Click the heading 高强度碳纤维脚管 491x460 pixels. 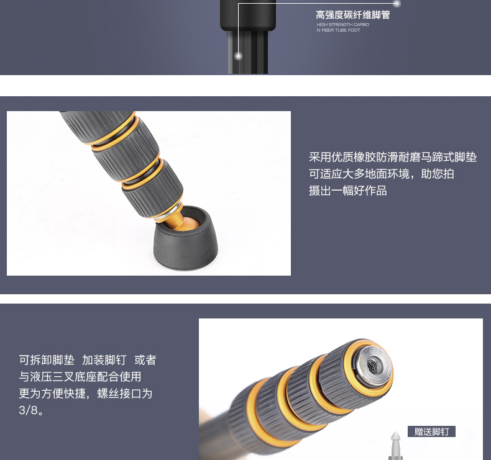point(352,15)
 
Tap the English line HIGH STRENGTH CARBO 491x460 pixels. point(343,24)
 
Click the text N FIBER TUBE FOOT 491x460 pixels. point(338,30)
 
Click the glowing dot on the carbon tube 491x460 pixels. point(238,56)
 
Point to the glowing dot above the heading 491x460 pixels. point(397,4)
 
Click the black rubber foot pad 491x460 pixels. point(186,238)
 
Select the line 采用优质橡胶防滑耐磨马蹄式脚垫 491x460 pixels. point(393,157)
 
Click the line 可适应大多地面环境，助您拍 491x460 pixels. point(382,174)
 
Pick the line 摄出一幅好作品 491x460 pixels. point(348,191)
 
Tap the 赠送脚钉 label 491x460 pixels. point(431,431)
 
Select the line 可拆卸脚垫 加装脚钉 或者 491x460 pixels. point(88,360)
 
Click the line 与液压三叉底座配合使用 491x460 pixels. point(80,377)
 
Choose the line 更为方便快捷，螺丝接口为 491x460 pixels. point(86,394)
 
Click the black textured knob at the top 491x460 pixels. point(248,15)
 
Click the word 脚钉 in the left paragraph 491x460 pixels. point(115,360)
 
